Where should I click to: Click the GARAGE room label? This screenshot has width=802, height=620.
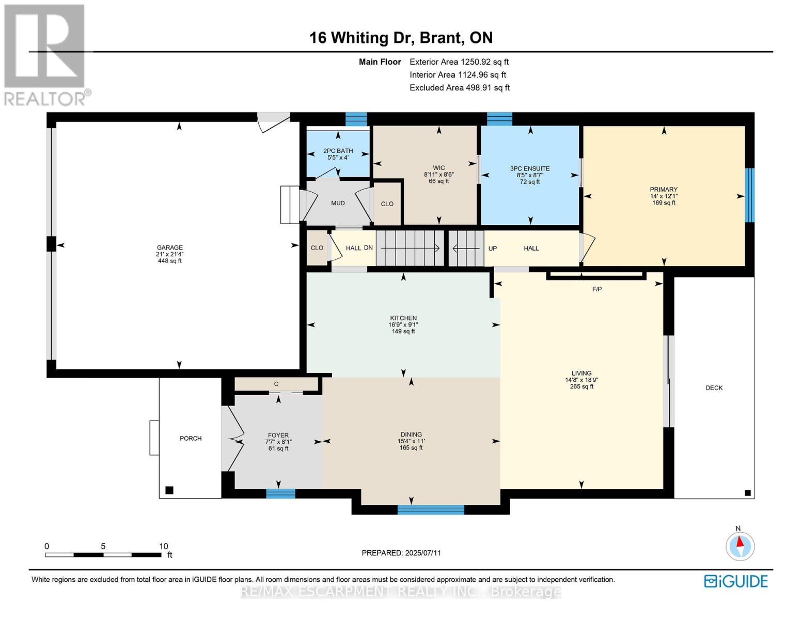tap(170, 247)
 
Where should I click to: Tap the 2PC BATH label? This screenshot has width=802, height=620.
tap(338, 151)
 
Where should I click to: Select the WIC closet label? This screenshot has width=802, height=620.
tap(439, 168)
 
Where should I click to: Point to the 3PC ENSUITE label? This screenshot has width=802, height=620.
tap(530, 168)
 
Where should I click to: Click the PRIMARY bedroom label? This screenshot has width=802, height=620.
tap(664, 190)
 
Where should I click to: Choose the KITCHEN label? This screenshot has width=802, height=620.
tap(403, 318)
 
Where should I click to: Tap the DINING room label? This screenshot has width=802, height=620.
tap(411, 435)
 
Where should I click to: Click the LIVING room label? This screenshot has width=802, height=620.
tap(581, 374)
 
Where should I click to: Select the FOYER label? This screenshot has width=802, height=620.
tap(278, 436)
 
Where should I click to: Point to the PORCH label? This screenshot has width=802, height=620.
tap(191, 438)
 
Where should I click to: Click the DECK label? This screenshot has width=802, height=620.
tap(714, 388)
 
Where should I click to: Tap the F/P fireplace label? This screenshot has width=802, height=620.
tap(597, 289)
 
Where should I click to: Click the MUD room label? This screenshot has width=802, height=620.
tap(338, 203)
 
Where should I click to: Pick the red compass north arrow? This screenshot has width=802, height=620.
tap(740, 541)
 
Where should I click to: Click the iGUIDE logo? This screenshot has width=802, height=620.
tap(736, 581)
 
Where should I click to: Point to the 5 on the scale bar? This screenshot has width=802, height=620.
tap(103, 546)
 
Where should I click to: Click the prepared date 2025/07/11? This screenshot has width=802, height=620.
tap(423, 553)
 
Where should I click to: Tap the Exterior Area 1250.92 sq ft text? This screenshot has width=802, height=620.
tap(459, 62)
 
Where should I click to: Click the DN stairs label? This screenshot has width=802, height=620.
tap(368, 248)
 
